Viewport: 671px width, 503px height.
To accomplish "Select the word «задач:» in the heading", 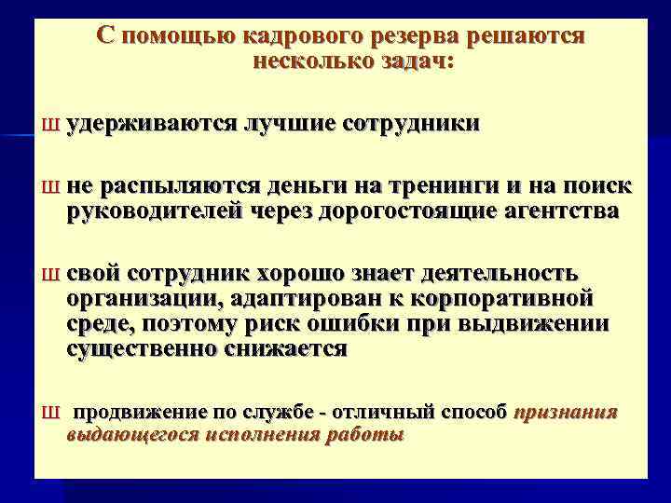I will (x=409, y=61).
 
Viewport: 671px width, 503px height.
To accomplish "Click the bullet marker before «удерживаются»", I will (x=52, y=124).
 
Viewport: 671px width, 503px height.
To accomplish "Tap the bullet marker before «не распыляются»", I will (x=52, y=187).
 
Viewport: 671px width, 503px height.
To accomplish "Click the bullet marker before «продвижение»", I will (x=52, y=413).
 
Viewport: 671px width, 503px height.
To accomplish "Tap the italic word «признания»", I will (x=566, y=412).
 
